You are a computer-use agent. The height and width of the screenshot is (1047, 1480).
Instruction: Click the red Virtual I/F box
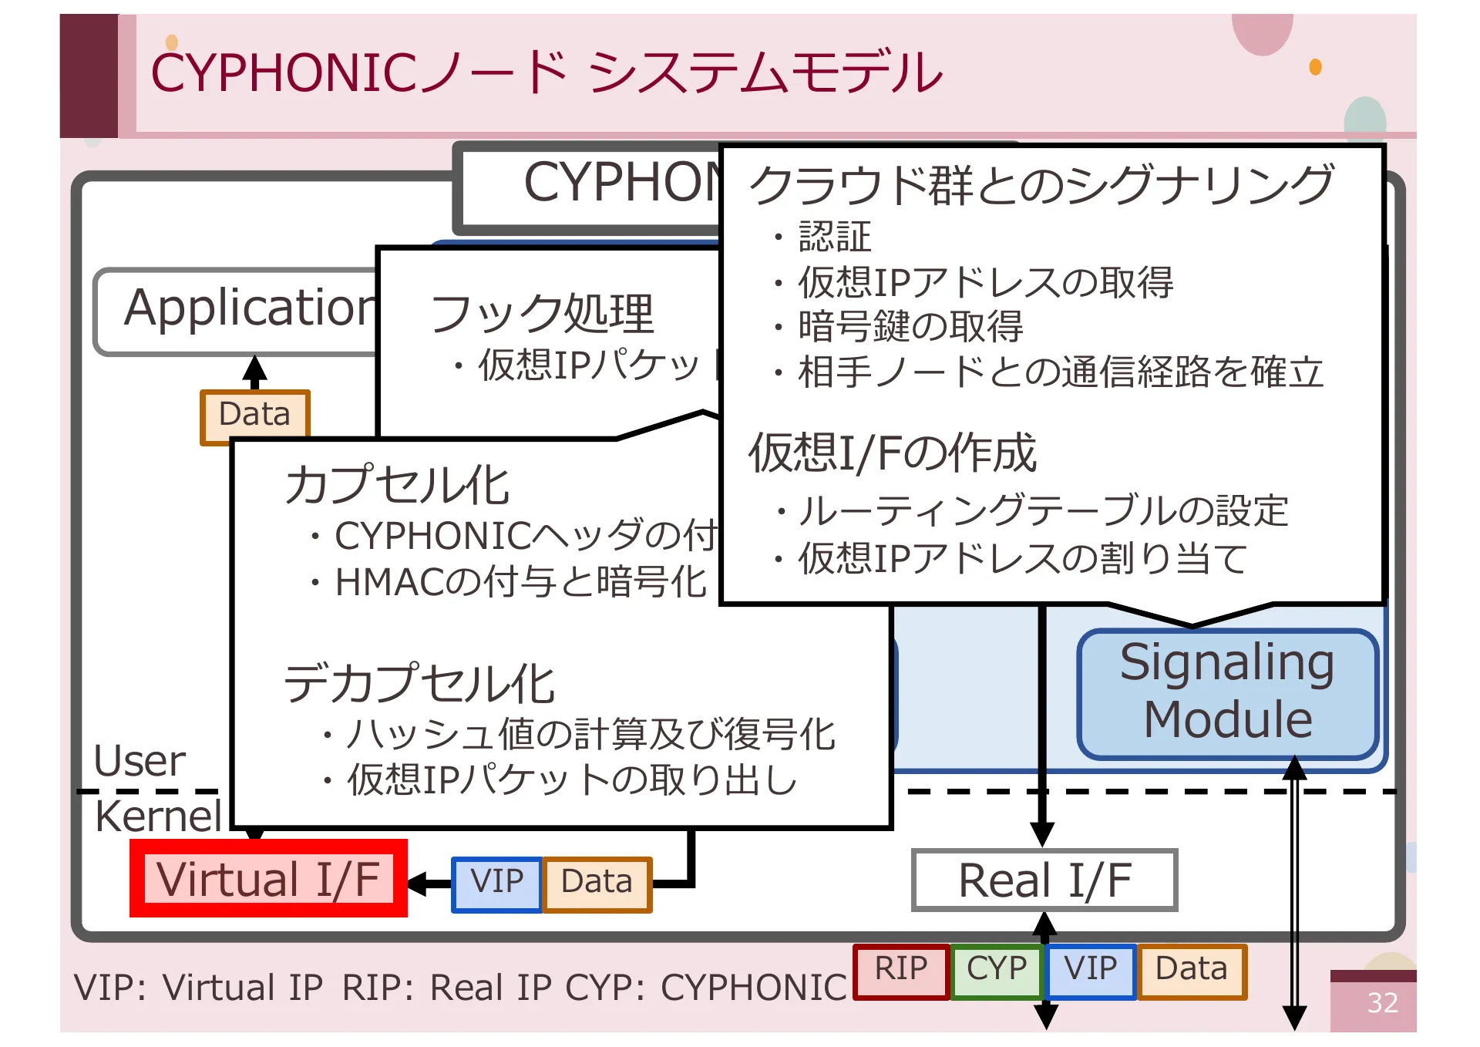click(268, 879)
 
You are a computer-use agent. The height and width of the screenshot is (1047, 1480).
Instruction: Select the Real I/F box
click(1044, 880)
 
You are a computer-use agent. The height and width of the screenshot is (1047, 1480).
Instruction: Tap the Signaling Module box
click(1228, 693)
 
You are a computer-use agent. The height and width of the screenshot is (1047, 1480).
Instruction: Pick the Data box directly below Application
click(254, 414)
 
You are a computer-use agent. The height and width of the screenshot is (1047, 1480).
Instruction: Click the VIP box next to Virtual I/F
click(496, 884)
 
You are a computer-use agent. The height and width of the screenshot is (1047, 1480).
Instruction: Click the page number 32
click(1382, 1003)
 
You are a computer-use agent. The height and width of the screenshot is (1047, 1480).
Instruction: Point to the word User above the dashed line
click(140, 762)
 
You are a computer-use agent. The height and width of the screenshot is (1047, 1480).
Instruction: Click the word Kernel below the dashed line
click(158, 816)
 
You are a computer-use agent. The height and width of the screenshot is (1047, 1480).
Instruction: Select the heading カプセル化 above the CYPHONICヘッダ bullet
click(397, 486)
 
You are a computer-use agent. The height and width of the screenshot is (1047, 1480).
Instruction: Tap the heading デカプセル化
click(419, 684)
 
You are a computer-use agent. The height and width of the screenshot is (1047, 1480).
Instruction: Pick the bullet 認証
click(834, 237)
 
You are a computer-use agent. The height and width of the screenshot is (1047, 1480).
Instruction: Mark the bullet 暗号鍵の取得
click(910, 327)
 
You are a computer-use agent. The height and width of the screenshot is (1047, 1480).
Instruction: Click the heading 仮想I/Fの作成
click(893, 453)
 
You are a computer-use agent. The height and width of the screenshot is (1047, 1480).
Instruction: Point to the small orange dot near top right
click(1315, 67)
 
